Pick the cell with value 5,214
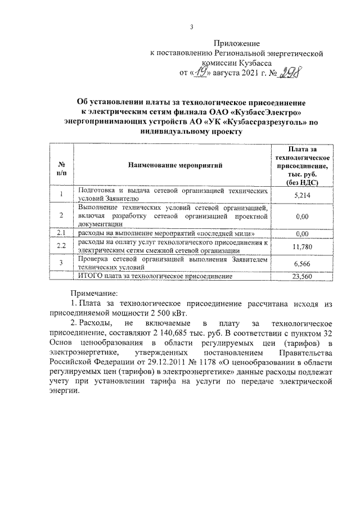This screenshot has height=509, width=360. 302,195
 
